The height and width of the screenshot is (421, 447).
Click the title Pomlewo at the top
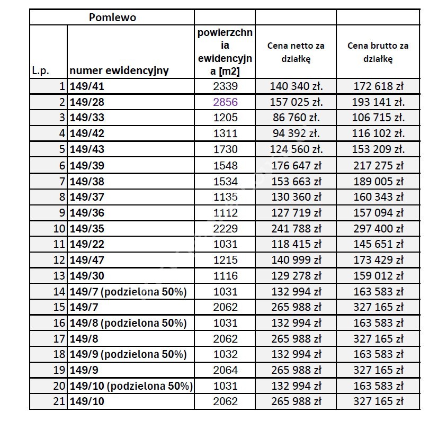click(112, 17)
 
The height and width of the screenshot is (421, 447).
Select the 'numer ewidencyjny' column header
click(119, 70)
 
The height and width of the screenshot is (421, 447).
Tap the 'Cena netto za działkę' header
click(296, 52)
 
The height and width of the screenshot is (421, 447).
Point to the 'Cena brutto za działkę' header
click(378, 52)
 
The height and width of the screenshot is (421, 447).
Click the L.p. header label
click(41, 70)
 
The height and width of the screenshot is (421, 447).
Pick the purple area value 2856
click(225, 102)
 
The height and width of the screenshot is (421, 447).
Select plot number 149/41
click(87, 86)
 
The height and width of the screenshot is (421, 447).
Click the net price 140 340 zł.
click(296, 86)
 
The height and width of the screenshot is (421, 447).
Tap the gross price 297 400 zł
click(378, 229)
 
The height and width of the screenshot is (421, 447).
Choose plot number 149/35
click(87, 229)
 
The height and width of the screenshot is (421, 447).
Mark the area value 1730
click(225, 149)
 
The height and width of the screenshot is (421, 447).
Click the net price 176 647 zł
click(296, 165)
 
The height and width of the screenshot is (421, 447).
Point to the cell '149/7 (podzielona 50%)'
click(128, 292)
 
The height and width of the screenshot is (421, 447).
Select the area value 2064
click(225, 370)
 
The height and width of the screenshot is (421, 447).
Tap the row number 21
click(59, 402)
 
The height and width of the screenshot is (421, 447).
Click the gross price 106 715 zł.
click(378, 118)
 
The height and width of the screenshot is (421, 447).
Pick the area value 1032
click(225, 354)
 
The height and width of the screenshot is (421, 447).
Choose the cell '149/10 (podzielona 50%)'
click(131, 386)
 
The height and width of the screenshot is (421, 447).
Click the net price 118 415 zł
click(296, 245)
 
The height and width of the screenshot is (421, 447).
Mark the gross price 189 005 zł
click(378, 181)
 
